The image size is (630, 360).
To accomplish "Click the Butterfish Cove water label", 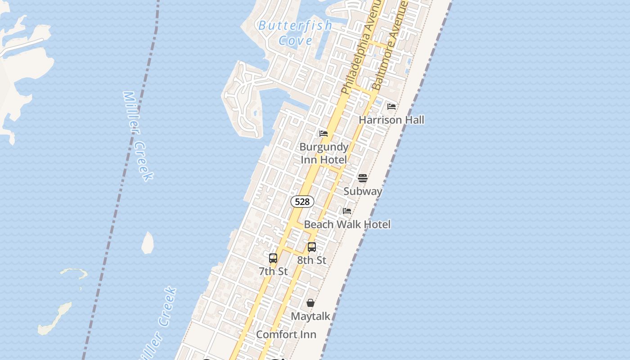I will coord(295,33).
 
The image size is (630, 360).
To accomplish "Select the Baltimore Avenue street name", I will coord(390,45).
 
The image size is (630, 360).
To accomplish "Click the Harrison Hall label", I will coord(391,120).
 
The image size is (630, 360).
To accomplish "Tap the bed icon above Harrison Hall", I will coord(391,107).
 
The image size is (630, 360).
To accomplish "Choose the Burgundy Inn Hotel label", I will coord(324,153).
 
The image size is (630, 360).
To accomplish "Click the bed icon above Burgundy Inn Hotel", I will coord(324,134).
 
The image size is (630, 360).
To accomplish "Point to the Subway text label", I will coord(363,191).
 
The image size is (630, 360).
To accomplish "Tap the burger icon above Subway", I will coord(363,178).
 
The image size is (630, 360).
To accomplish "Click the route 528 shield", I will coord(302,202).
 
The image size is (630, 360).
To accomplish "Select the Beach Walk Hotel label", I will coord(347,224).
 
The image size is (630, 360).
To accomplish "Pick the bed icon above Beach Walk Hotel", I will coord(347,211).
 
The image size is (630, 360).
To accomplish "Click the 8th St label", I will coord(311,260).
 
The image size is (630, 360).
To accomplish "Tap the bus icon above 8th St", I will coord(311,247).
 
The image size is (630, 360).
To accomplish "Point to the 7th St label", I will coord(273,271).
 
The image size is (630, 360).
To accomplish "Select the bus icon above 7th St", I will coord(273,258).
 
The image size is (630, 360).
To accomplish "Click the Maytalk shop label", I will coord(310,316).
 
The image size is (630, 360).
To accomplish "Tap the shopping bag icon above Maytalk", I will coord(310,303).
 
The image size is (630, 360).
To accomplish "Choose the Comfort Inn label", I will coord(286,335).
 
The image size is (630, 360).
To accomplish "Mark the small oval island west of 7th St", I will coord(148,243).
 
